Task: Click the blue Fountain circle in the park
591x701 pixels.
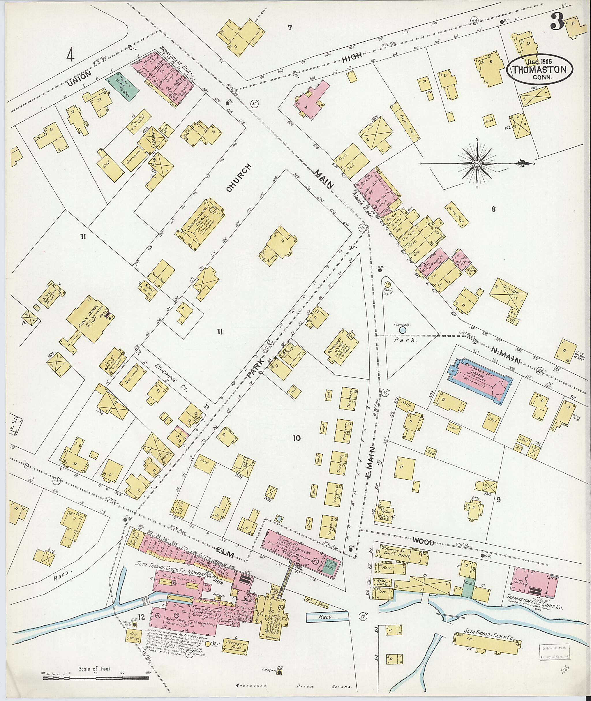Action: coord(402,330)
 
